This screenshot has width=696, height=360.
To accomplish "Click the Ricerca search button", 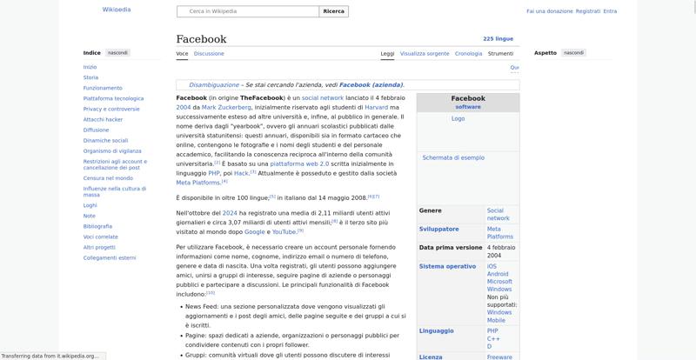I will pos(333,11).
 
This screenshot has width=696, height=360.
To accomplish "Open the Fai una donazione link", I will pos(550,11).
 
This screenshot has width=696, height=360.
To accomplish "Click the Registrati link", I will pos(588,11).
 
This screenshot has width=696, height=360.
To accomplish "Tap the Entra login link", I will pos(610,11).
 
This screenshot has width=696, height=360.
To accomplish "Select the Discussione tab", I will pos(209,53).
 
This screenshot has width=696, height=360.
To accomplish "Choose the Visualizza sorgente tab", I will pos(425,53).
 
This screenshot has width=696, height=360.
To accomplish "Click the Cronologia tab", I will pos(468,53).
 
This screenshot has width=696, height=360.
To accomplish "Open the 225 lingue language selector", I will pos(498,39).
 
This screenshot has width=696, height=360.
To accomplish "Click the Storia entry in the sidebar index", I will pos(90,77).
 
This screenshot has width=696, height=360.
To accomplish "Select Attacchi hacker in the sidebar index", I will pos(103,119).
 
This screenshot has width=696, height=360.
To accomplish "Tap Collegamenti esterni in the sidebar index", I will pos(110,257).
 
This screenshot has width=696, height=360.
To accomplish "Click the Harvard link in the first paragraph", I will pos(376,107).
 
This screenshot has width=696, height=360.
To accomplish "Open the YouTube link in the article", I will pos(284,231).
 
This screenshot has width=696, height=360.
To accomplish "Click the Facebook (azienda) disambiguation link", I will pos(371,84).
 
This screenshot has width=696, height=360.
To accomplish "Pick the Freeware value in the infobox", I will pos(499,356).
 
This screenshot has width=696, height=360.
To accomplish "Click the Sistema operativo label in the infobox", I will pos(447,266).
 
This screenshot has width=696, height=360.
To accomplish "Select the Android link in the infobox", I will pos(498,274).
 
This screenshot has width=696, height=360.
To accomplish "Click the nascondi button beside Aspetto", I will pos(574,53).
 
